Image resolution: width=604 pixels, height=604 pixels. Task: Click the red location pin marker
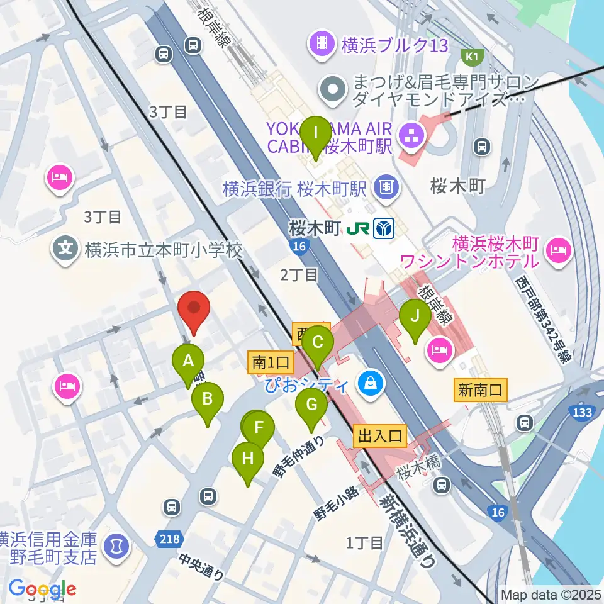coord(193,311)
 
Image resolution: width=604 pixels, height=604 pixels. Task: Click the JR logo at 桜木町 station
coord(362,228)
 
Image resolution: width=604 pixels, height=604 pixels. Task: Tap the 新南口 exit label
coord(479,391)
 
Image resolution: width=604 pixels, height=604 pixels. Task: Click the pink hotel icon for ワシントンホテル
coord(557,250)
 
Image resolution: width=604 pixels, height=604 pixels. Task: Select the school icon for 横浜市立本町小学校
coord(65,250)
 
